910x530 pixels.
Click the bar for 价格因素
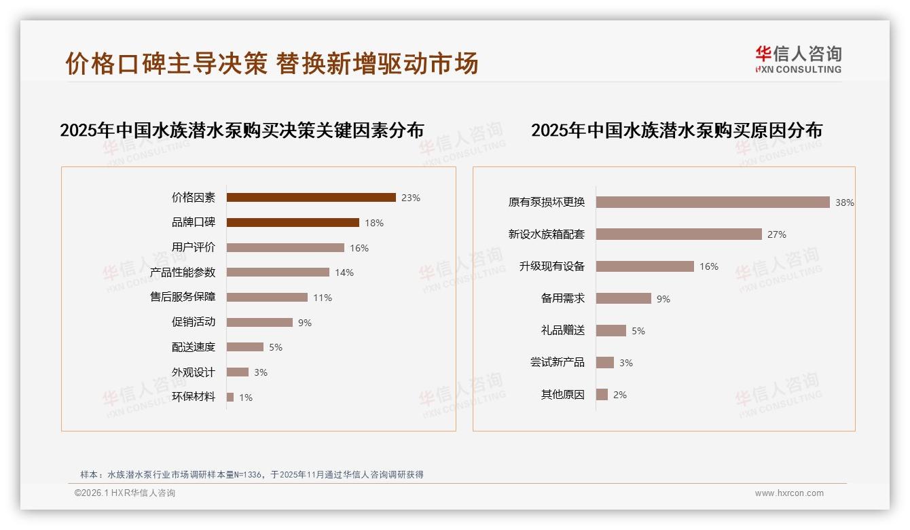[310, 198]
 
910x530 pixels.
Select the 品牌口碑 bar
[292, 223]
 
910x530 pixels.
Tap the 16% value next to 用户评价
[359, 248]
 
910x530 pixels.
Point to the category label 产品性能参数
[183, 272]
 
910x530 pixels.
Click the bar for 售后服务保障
[267, 298]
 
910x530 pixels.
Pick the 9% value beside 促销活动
[305, 323]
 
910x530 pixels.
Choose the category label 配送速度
[194, 347]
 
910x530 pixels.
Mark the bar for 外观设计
[238, 372]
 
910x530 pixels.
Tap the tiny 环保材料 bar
[230, 397]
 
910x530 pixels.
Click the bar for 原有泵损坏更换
[712, 202]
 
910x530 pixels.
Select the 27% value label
[776, 234]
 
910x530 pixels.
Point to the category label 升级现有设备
[552, 266]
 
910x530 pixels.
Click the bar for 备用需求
[623, 298]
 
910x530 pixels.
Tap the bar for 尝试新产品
[605, 363]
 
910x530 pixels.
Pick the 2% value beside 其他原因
[620, 395]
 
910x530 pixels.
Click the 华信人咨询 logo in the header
[798, 60]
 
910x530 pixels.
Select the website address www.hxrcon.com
[789, 493]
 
